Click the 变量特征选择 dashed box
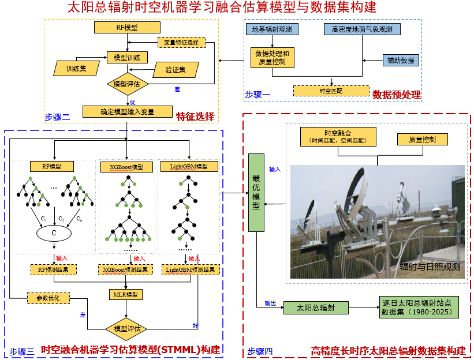(x=181, y=42)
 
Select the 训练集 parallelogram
(x=76, y=69)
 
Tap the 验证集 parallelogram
(x=176, y=70)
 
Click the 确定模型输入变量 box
(x=127, y=111)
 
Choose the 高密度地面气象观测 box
(x=362, y=29)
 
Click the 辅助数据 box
(x=401, y=60)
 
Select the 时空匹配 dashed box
(x=331, y=91)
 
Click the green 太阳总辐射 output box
(x=316, y=307)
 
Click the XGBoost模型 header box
(x=126, y=167)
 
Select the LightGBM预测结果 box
(x=190, y=269)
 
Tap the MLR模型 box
(x=126, y=294)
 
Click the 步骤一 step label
(x=257, y=95)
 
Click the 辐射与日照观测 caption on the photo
(x=430, y=267)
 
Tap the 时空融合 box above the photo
(x=338, y=137)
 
